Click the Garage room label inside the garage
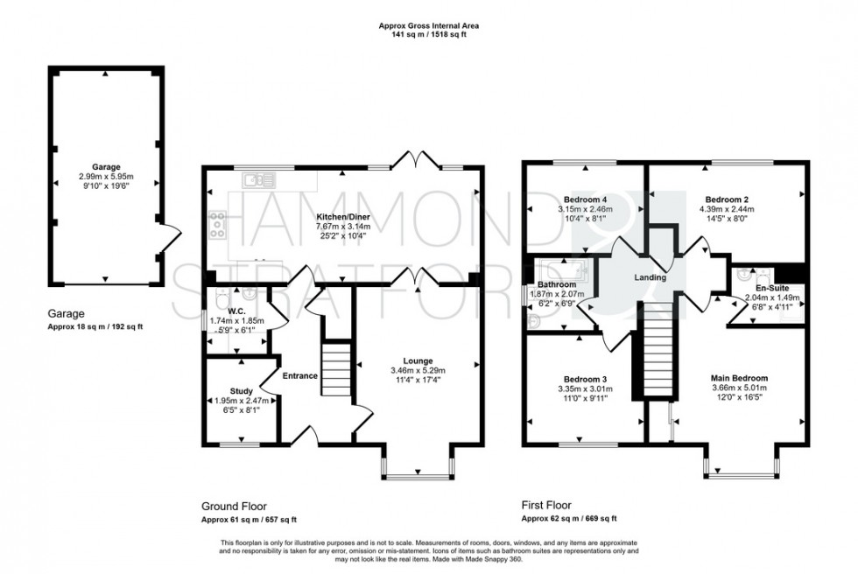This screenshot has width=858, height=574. (107, 166)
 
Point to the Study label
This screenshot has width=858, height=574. (242, 390)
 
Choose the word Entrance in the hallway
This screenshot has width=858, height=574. (300, 376)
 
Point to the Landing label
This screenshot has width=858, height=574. (651, 277)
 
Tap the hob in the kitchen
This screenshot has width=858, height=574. (216, 227)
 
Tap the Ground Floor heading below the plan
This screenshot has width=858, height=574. (234, 506)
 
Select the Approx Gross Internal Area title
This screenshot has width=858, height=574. (429, 26)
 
